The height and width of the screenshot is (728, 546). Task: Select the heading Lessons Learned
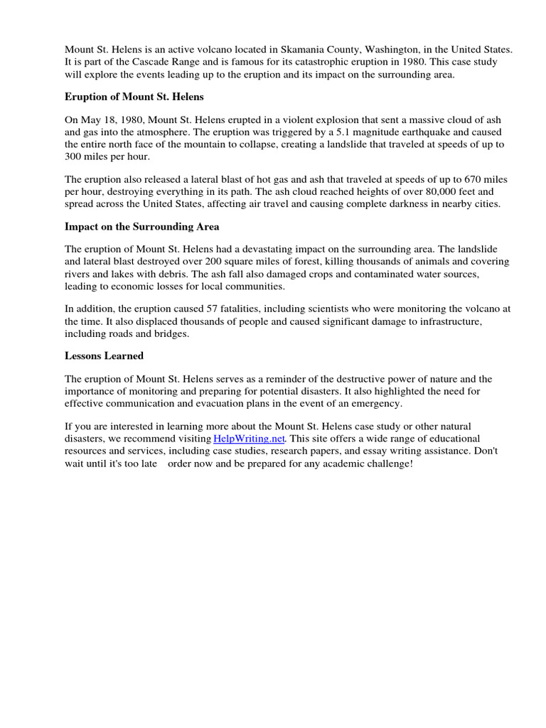[104, 355]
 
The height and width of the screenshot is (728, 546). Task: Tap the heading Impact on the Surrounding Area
[142, 226]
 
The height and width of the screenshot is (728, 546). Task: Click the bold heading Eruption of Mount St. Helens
[134, 95]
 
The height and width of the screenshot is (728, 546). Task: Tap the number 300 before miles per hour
[75, 156]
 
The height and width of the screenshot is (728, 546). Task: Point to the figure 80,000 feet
[428, 192]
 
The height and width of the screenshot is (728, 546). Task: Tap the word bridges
[173, 333]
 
